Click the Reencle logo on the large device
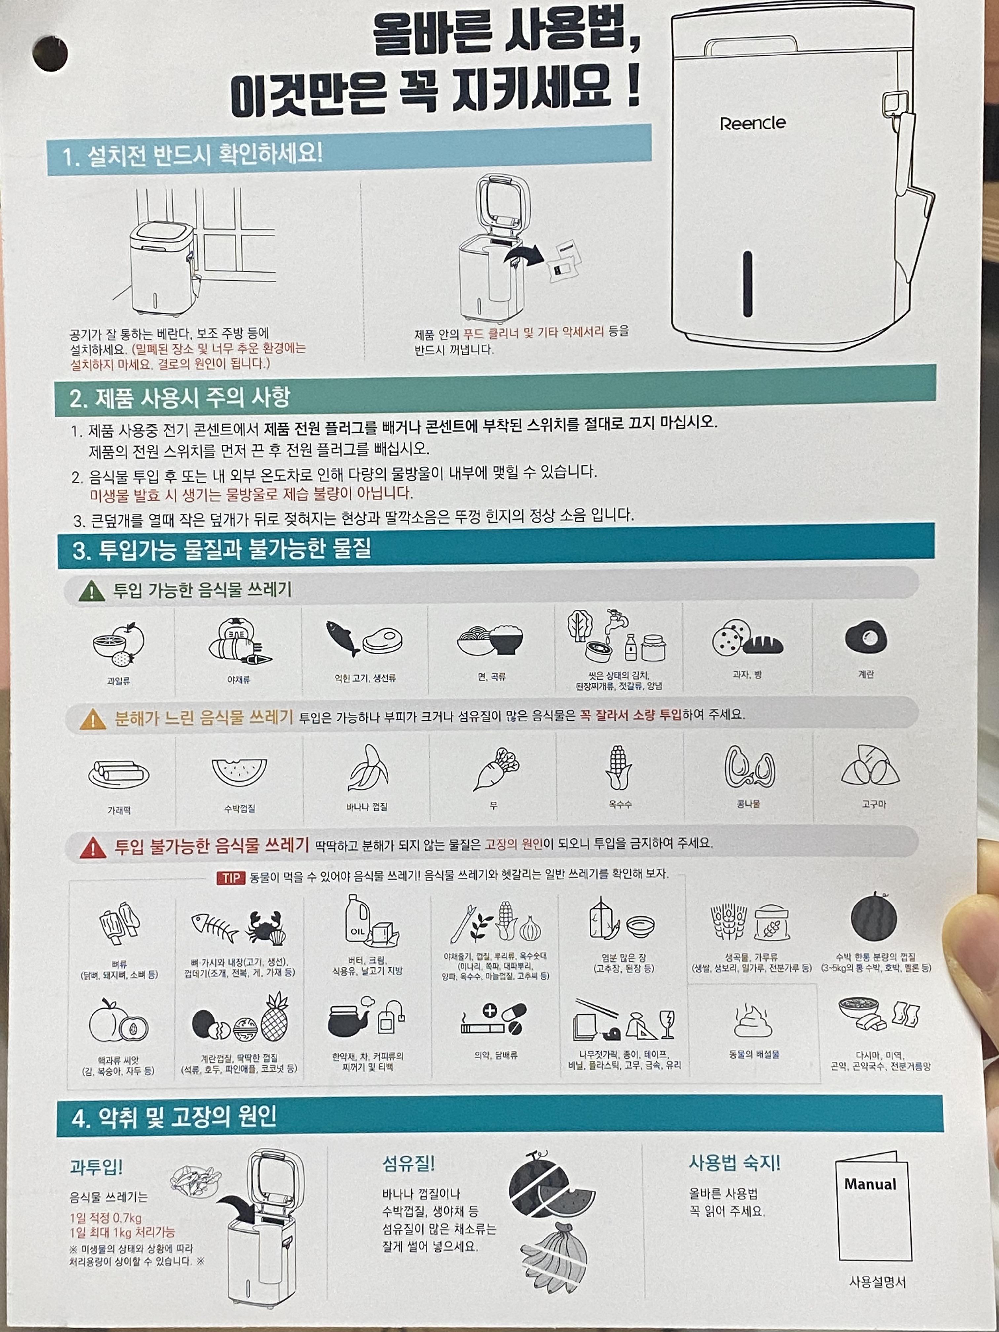753,124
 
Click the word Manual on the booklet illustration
870,1184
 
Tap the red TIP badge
231,878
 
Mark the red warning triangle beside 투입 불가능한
93,847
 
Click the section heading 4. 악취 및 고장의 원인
174,1116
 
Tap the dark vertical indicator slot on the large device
747,284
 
